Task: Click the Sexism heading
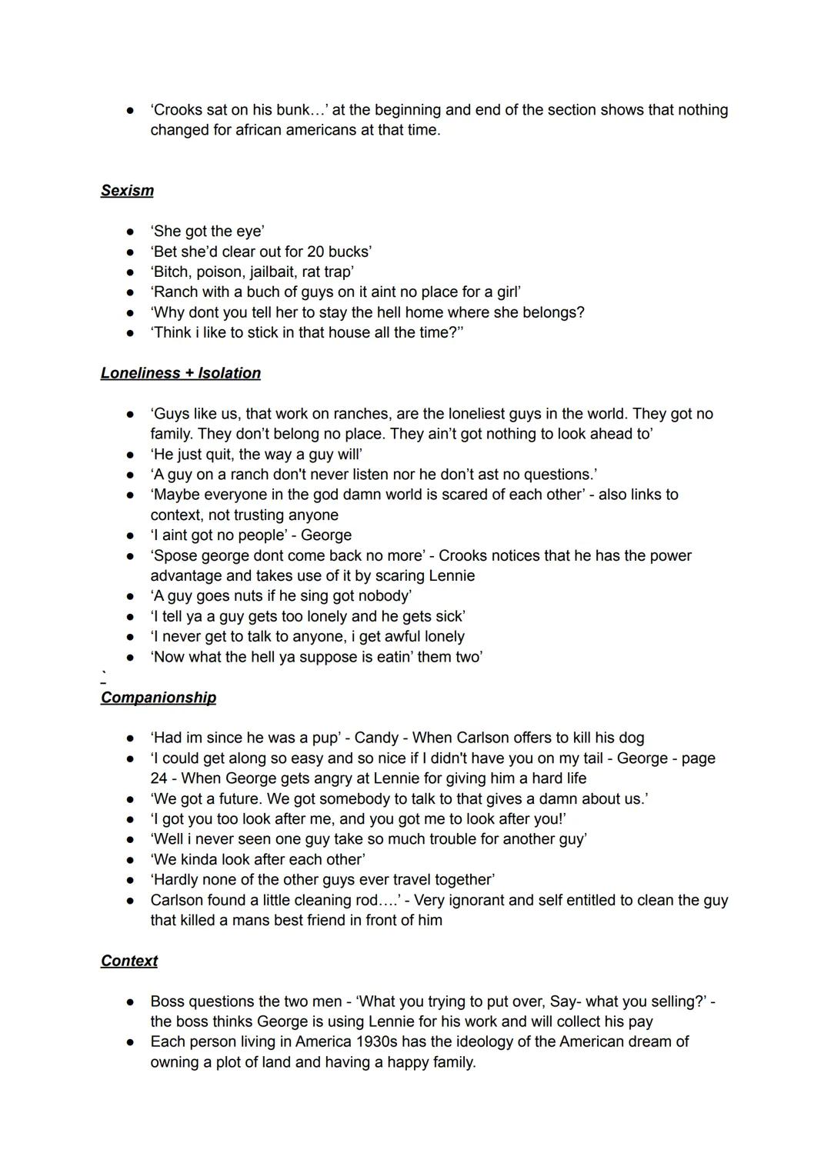click(x=127, y=191)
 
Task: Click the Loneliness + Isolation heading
click(x=180, y=373)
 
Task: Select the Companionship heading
click(x=158, y=698)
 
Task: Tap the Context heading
click(x=128, y=961)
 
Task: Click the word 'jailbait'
click(x=277, y=272)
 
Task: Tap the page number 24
click(x=159, y=778)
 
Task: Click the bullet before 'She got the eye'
click(x=132, y=232)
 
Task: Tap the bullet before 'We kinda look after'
click(x=132, y=860)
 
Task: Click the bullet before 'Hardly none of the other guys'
click(x=132, y=880)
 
